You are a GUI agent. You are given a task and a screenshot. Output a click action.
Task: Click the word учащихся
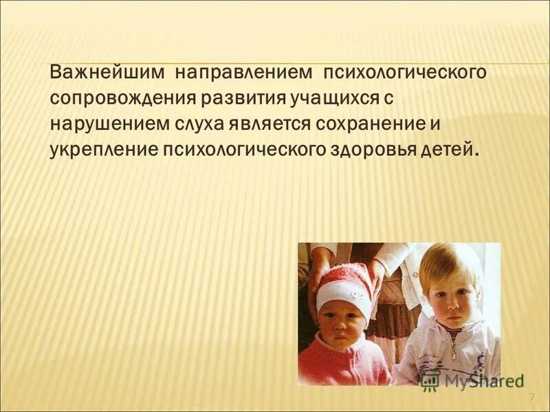click(328, 98)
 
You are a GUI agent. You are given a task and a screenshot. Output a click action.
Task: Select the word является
click(258, 124)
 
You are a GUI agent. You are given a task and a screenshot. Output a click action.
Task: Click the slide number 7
click(531, 399)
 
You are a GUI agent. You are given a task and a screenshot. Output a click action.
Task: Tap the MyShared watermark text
click(481, 379)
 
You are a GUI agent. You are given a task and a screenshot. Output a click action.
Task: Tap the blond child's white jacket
click(447, 354)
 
